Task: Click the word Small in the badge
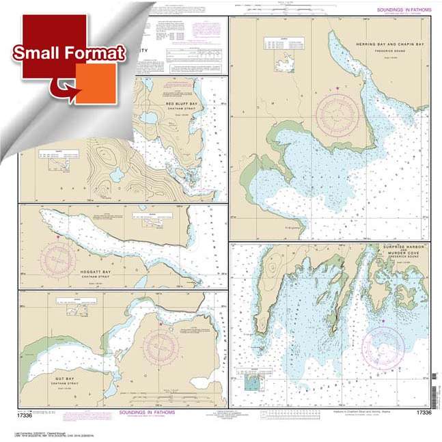36,53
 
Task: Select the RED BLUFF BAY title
181,105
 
